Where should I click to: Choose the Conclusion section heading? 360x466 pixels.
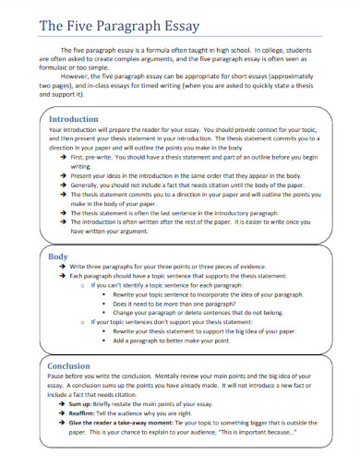pyautogui.click(x=69, y=366)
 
